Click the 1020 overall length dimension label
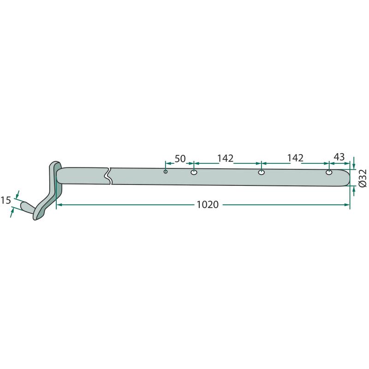point(208,205)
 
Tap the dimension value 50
point(180,159)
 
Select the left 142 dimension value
point(225,159)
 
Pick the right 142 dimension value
point(295,158)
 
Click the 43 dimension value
point(339,157)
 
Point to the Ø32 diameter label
point(363,178)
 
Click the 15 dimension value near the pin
point(6,200)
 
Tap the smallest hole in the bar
point(166,172)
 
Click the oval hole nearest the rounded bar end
point(329,173)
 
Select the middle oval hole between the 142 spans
point(262,173)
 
